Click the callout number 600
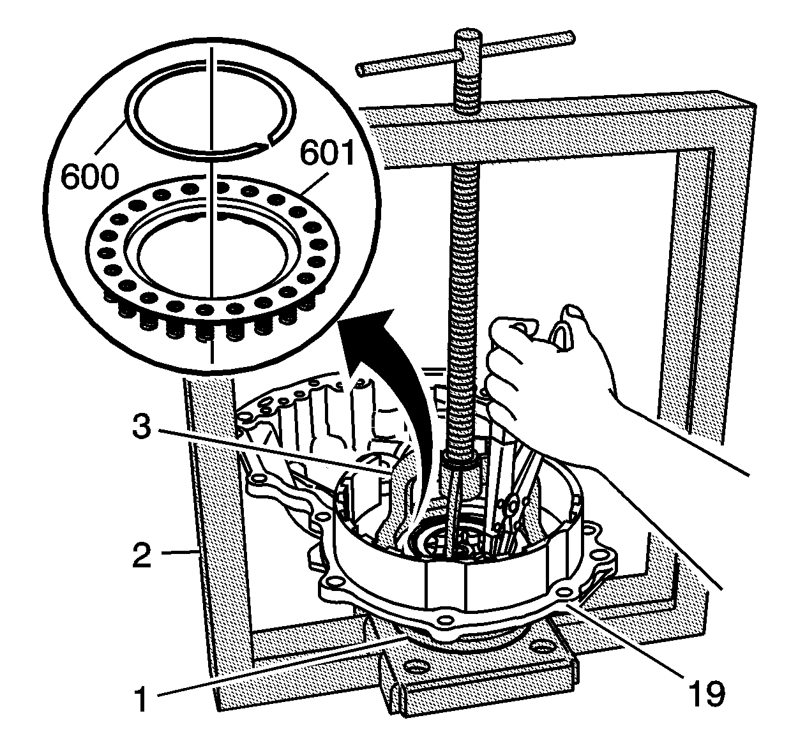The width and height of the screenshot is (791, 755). [x=90, y=177]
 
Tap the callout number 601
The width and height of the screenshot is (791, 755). [x=327, y=154]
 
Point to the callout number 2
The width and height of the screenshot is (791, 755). [x=142, y=555]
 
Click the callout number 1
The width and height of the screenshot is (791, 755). [x=141, y=698]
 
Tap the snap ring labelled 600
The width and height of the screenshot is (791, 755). [x=210, y=108]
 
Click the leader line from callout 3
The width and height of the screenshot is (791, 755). [x=275, y=451]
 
